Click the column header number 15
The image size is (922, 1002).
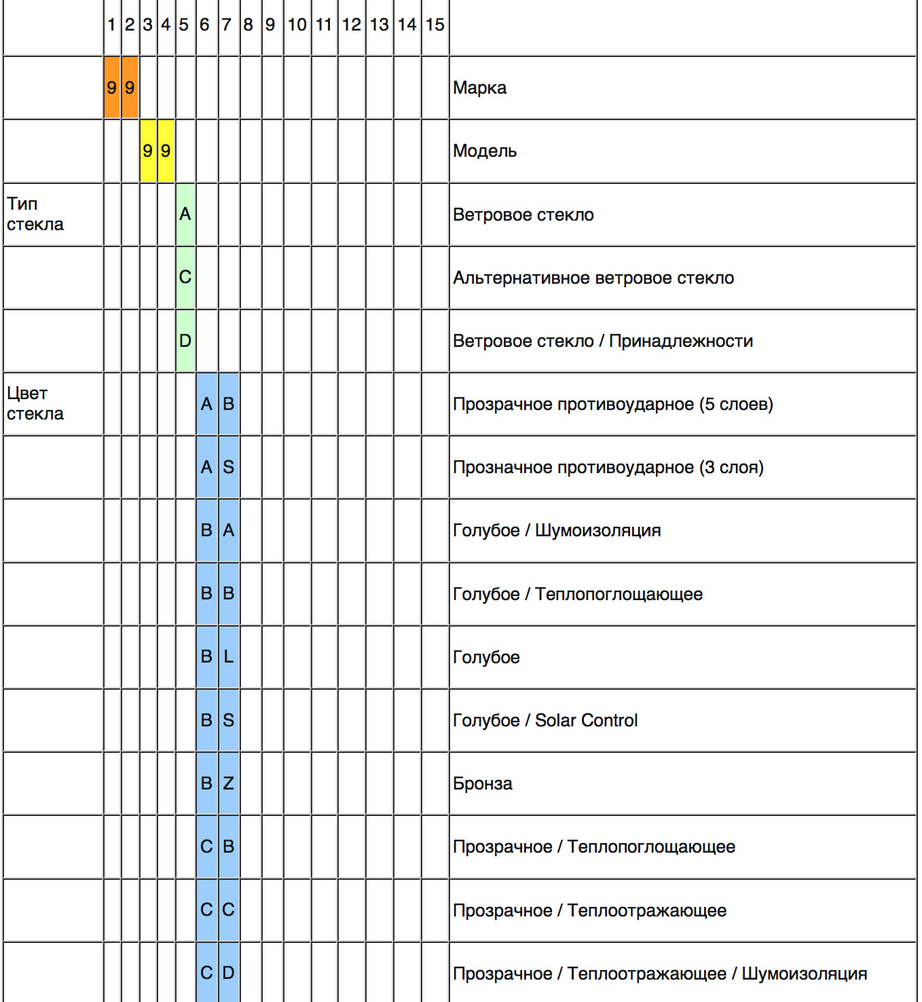tap(435, 25)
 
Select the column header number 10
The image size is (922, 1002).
tap(297, 25)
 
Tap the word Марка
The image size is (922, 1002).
tap(479, 88)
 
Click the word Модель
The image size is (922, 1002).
tap(485, 151)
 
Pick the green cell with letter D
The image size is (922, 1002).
tap(185, 341)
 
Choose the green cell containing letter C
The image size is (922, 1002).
tap(185, 278)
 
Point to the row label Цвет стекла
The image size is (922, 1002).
tap(35, 403)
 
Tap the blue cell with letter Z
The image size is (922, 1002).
tap(229, 783)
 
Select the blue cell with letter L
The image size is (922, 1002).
tap(229, 657)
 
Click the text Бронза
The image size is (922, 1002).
tap(482, 783)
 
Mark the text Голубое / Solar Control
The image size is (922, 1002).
tap(545, 720)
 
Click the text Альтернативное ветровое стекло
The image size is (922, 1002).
tap(593, 278)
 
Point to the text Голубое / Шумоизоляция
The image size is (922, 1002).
tap(557, 530)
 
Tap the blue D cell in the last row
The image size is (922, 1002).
tap(229, 973)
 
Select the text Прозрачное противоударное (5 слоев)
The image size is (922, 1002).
tap(612, 404)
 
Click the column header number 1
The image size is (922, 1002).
tap(111, 25)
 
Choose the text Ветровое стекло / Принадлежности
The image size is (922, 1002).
tap(603, 341)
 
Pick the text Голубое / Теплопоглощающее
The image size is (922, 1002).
tap(578, 594)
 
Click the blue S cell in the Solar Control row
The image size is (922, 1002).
tap(229, 720)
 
